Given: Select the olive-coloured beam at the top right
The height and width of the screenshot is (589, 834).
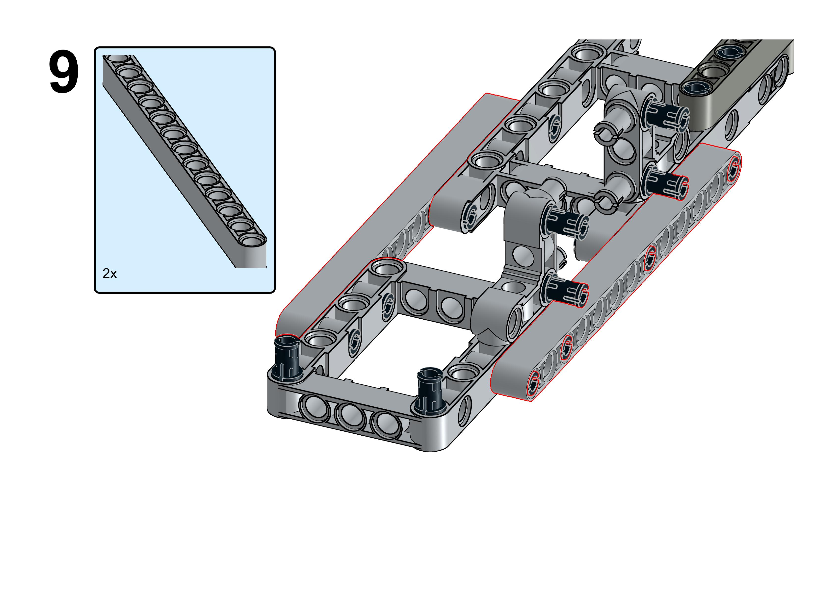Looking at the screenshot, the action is click(737, 87).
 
